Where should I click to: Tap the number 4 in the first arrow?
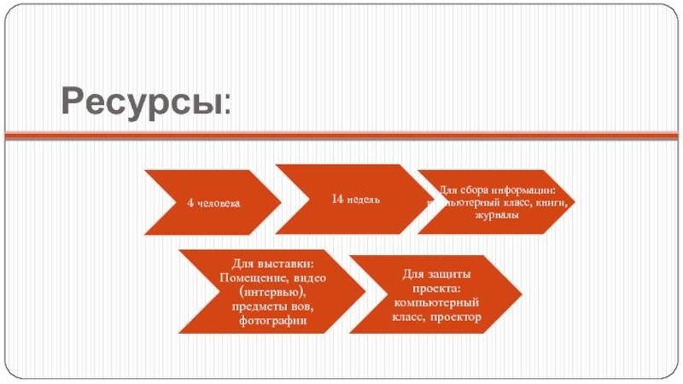click(x=190, y=203)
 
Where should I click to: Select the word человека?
click(x=219, y=203)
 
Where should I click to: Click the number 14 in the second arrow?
click(x=337, y=199)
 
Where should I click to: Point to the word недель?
click(x=363, y=199)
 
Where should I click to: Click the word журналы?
click(x=495, y=215)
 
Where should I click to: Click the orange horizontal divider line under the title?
click(x=341, y=135)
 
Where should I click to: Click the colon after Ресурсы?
click(x=226, y=107)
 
